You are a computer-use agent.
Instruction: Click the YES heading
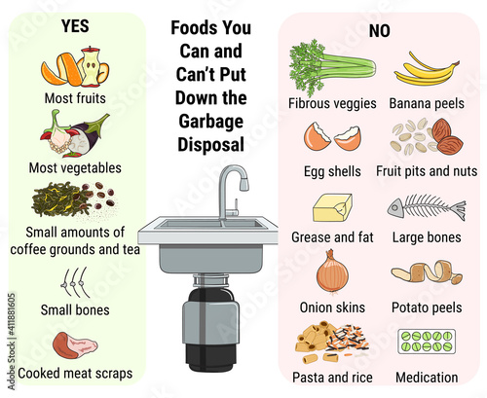(x=75, y=26)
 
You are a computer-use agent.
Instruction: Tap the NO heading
(x=379, y=31)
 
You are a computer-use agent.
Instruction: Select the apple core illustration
(x=91, y=67)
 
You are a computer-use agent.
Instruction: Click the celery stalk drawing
(x=332, y=67)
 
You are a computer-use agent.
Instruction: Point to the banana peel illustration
(x=426, y=70)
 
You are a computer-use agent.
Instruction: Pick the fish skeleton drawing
(x=427, y=207)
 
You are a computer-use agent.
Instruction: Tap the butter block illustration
(x=332, y=208)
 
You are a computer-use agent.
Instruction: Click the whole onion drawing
(x=332, y=272)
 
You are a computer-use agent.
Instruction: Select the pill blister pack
(x=427, y=342)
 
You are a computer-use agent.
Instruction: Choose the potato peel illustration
(x=427, y=271)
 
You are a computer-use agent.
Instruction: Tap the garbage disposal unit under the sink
(x=210, y=324)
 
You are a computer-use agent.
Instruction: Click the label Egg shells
(x=332, y=171)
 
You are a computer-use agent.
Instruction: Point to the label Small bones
(x=75, y=309)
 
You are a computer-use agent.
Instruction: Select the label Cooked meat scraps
(x=75, y=374)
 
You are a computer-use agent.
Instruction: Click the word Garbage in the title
(x=210, y=122)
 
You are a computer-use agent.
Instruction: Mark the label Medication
(x=427, y=378)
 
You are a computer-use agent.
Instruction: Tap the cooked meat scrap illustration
(x=75, y=344)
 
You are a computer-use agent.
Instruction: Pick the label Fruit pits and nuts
(x=427, y=171)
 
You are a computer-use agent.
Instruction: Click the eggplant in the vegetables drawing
(x=90, y=133)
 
